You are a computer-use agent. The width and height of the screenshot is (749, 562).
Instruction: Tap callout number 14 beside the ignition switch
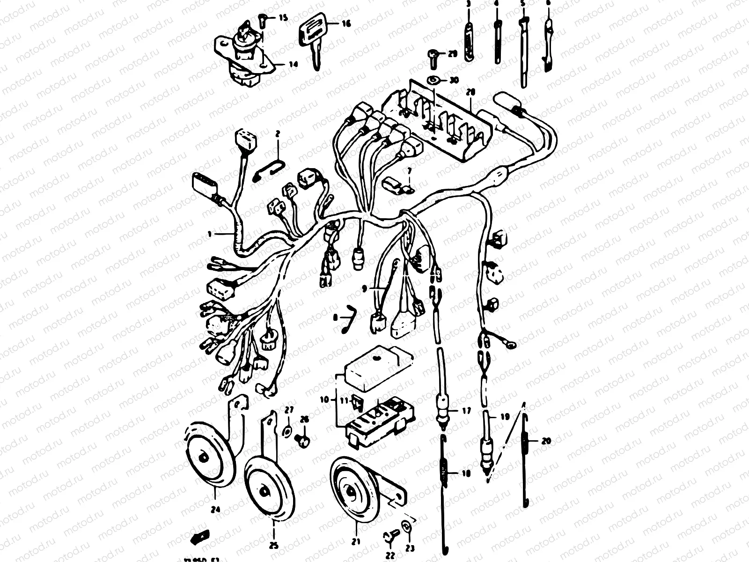[293, 65]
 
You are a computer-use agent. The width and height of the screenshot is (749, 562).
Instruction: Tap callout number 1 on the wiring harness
[210, 233]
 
